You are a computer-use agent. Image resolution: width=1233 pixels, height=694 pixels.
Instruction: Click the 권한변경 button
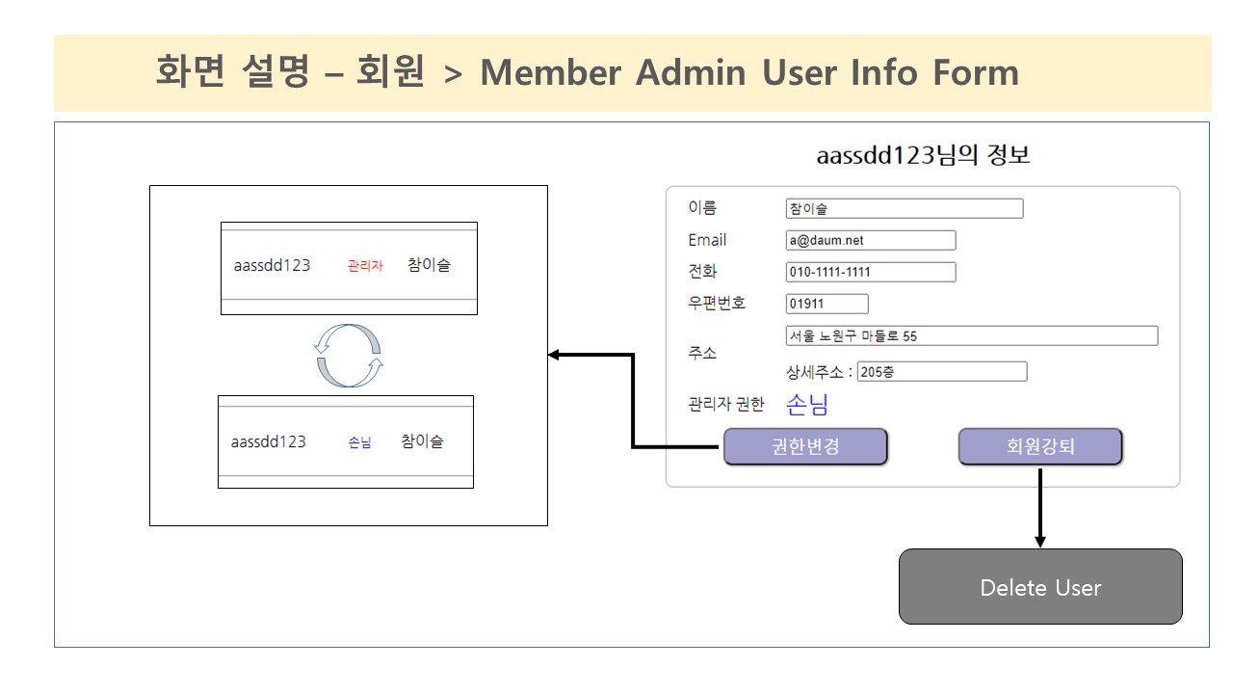coord(805,446)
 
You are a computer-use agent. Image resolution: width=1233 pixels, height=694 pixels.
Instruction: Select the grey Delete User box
coord(1040,587)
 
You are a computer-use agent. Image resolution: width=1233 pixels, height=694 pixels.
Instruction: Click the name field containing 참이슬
coord(905,209)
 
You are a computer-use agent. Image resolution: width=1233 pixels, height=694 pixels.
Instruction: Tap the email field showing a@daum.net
coord(871,240)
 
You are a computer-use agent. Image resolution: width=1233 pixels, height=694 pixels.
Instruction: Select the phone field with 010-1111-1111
coord(871,272)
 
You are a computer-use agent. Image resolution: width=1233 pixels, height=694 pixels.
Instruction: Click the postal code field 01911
coord(826,304)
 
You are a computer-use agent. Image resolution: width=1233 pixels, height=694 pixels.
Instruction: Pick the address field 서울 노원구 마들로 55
coord(972,336)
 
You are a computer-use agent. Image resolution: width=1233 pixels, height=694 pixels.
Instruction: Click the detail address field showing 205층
coord(942,372)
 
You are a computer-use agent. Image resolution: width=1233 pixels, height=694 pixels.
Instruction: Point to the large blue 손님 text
coord(807,405)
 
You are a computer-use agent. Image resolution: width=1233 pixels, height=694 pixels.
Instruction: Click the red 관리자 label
coord(365,266)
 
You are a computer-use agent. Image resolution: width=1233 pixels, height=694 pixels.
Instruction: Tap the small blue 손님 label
coord(359,442)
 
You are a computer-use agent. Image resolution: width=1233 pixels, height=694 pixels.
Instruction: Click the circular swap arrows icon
coord(349,356)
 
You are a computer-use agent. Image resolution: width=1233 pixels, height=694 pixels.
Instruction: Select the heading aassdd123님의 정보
coord(923,155)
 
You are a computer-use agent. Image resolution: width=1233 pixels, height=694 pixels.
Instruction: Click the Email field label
coord(707,240)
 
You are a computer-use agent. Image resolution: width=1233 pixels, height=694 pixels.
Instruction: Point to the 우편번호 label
coord(717,303)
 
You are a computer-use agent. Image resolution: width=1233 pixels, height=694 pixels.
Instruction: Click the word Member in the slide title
coord(551,72)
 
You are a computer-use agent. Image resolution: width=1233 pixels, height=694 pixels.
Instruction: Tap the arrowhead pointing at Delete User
coord(1040,541)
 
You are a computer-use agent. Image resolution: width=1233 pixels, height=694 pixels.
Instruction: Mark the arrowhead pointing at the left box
coord(554,355)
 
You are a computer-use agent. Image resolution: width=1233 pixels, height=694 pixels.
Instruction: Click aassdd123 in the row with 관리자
coord(272,265)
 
